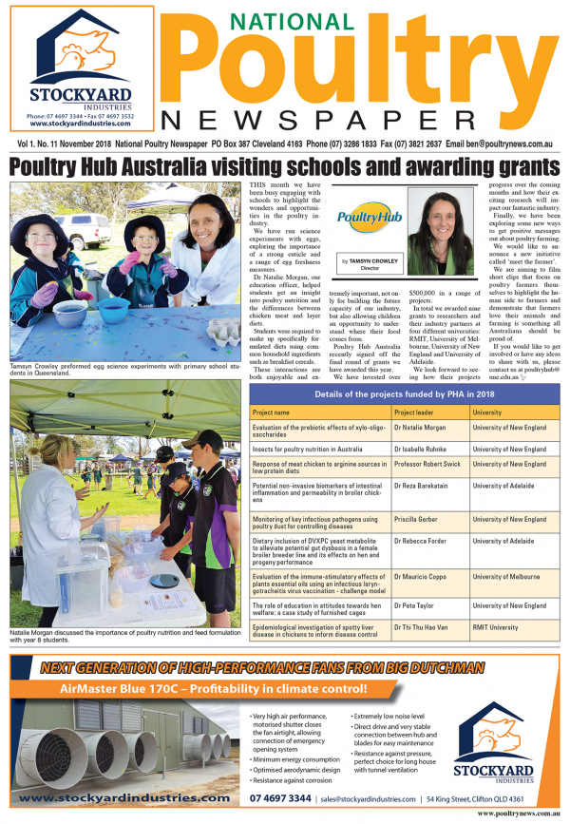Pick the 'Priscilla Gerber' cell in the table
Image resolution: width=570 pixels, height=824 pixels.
point(419,519)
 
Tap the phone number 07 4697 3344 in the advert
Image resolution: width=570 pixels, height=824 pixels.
point(280,798)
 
